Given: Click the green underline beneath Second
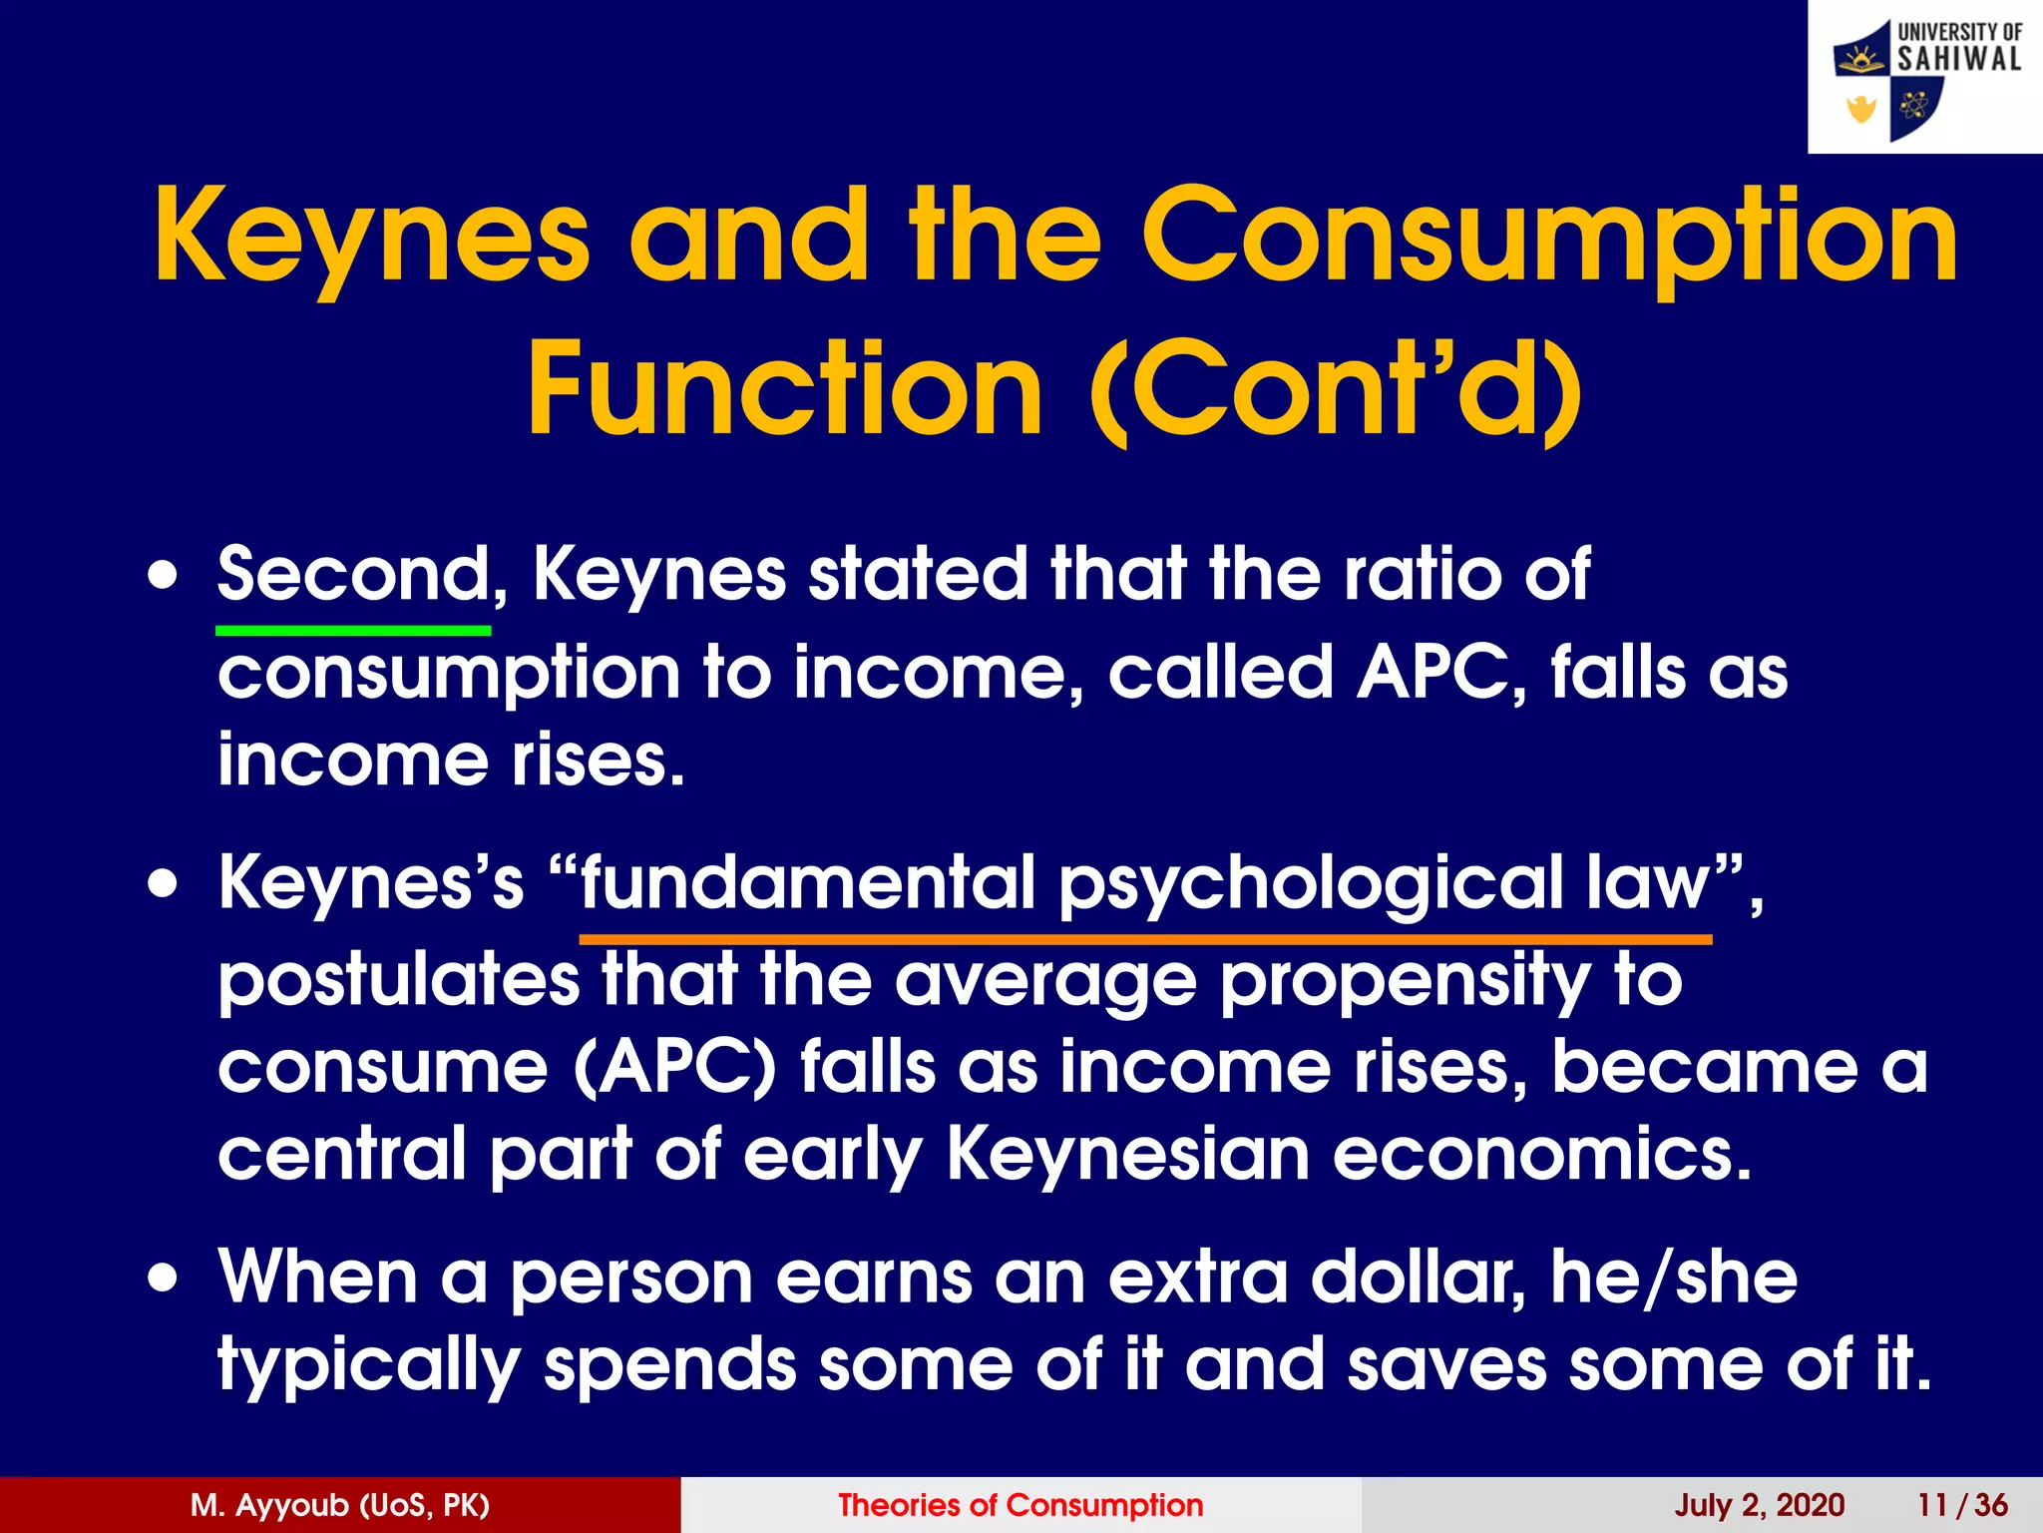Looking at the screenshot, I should point(353,631).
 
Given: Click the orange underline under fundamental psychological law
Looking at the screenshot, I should point(1145,939).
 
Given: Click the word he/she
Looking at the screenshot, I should point(1674,1277).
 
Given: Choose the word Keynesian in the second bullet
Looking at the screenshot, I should point(1127,1155).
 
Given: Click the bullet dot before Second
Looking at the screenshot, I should point(164,578).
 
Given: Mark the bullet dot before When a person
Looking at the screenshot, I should point(164,1278).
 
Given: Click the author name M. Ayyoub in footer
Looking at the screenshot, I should point(340,1505).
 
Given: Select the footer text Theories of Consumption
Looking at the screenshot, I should point(1021,1505).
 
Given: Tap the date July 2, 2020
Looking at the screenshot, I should point(1759,1505).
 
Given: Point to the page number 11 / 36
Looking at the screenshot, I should point(1962,1505).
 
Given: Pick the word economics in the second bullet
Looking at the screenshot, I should point(1542,1155).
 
